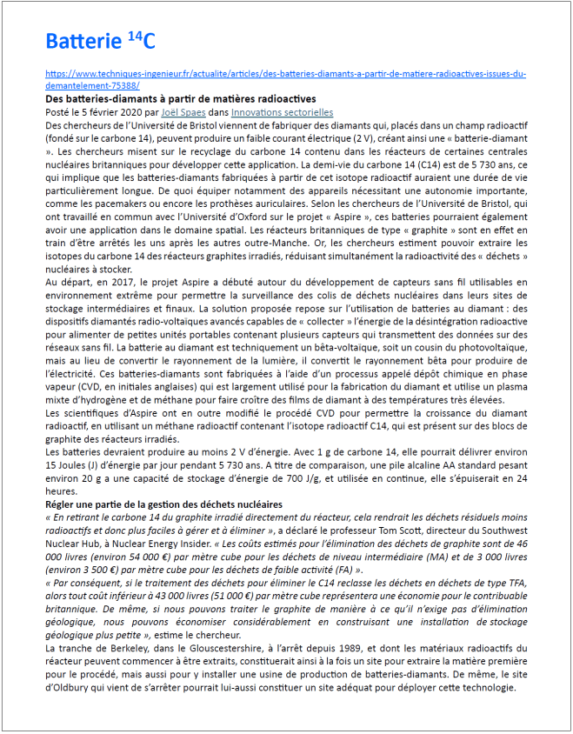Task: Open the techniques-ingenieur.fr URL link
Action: (285, 75)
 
